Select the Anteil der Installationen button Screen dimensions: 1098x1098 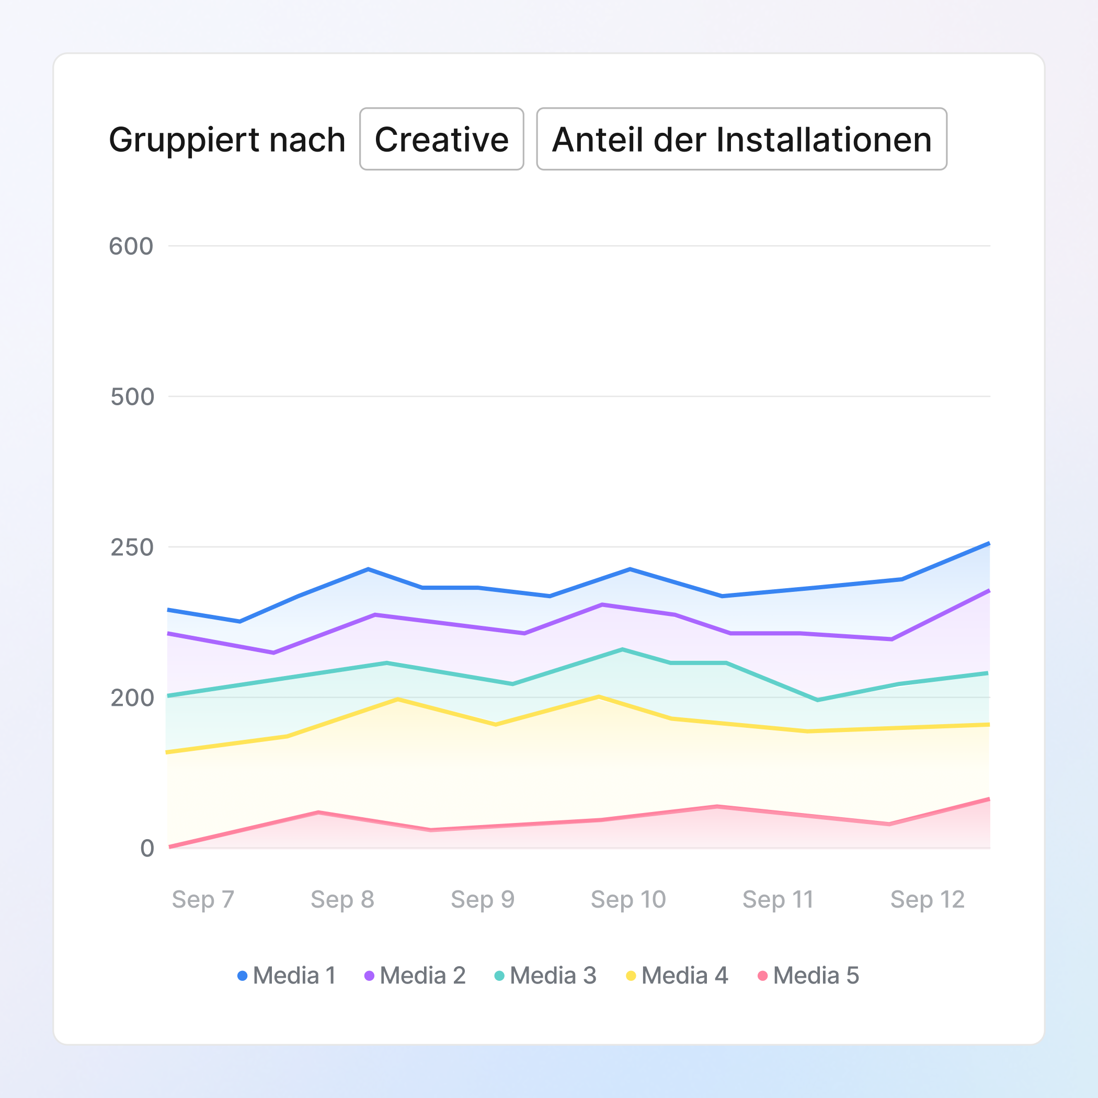coord(741,139)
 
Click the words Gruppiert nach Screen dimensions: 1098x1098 coord(227,140)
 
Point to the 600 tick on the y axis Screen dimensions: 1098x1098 coord(131,247)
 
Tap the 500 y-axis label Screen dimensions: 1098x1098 coord(132,397)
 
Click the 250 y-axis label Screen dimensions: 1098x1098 coord(132,547)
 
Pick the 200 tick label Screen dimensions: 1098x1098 coord(132,698)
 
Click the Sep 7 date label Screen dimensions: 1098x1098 coord(203,899)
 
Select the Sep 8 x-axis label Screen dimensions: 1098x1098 coord(342,899)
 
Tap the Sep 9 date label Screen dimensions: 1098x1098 coord(483,899)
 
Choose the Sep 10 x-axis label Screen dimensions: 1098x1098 coord(628,899)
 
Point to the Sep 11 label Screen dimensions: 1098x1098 coord(777,899)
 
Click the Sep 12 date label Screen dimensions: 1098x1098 coord(928,899)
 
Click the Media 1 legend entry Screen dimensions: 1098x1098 coord(287,976)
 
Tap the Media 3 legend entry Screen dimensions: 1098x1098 coord(545,976)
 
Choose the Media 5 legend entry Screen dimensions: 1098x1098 coord(809,976)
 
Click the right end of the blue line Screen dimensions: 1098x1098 coord(989,544)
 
